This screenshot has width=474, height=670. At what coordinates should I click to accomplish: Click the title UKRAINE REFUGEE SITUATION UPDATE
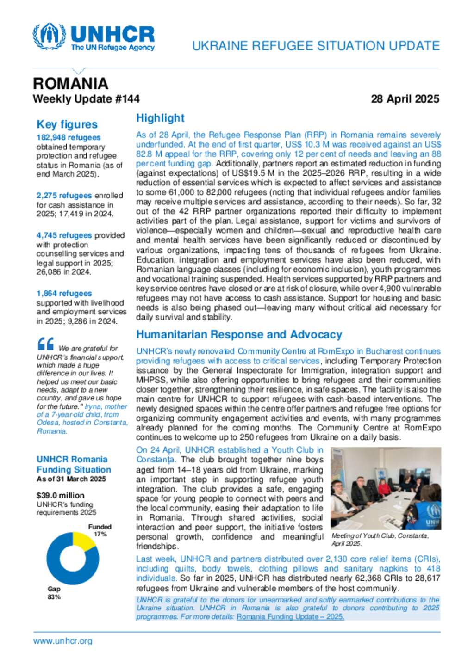pos(316,46)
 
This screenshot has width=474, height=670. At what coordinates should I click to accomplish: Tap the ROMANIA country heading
pos(70,83)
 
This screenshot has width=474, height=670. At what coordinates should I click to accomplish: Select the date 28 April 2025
pos(405,99)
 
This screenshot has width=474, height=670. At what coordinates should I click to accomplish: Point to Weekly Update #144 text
pos(86,99)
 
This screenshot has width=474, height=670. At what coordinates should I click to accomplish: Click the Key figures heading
pos(67,124)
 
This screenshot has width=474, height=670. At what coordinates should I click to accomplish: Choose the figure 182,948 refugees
pos(69,137)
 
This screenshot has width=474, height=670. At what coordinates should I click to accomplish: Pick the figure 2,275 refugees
pos(64,196)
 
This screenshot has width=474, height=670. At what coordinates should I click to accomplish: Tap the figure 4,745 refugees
pos(64,235)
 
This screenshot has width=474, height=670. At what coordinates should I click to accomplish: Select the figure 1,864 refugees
pos(64,294)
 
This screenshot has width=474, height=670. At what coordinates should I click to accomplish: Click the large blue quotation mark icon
pos(46,344)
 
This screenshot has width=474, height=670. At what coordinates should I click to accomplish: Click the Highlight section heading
pos(160,118)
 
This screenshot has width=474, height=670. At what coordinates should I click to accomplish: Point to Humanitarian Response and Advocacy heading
pos(239,334)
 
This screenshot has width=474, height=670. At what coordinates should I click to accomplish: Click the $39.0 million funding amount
pos(61,495)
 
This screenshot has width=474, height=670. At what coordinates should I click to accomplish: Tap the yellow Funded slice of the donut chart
pos(83,541)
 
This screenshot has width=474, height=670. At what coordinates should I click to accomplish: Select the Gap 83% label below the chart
pos(54,593)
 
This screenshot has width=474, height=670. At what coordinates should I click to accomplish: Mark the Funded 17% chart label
pos(100,530)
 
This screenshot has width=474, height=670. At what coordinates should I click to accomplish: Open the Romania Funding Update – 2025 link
pos(290,617)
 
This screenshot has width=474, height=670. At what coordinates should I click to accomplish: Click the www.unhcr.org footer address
pos(62,641)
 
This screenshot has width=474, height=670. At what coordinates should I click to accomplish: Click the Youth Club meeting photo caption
pos(380,540)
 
